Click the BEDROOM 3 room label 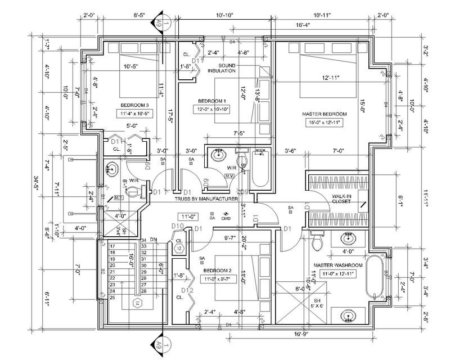pyautogui.click(x=134, y=105)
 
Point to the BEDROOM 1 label pyautogui.click(x=210, y=101)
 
